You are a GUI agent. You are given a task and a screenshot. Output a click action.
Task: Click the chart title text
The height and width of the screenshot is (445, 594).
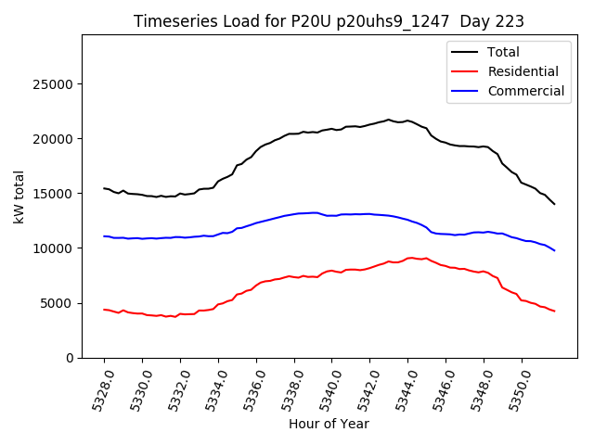click(329, 21)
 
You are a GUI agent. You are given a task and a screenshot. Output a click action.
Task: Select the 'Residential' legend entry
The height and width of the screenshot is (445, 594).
click(523, 71)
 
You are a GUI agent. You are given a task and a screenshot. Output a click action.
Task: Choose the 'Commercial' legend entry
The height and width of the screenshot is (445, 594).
click(525, 91)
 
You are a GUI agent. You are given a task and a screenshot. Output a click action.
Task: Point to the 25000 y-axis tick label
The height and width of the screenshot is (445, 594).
click(54, 84)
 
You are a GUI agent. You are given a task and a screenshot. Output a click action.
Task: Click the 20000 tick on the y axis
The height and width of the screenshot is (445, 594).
click(54, 139)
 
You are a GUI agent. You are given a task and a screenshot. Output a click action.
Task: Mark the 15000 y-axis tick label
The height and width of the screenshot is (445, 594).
click(54, 194)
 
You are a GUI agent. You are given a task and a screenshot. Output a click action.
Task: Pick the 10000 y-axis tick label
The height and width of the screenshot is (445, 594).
click(54, 248)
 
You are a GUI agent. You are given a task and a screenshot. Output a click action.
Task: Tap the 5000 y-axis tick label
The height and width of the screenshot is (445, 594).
click(58, 303)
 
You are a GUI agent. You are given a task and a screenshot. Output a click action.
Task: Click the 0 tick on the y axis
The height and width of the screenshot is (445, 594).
click(70, 358)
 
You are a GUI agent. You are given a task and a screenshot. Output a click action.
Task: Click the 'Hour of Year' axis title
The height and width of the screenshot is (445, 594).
click(329, 425)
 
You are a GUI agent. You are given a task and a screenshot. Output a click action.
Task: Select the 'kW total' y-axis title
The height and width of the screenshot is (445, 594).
click(19, 197)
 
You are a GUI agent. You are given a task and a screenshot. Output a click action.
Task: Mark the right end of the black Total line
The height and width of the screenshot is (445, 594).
click(554, 204)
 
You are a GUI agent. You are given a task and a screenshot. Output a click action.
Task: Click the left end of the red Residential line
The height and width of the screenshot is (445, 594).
click(104, 310)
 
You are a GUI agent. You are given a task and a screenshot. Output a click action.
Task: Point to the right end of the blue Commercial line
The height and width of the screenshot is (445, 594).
click(554, 250)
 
